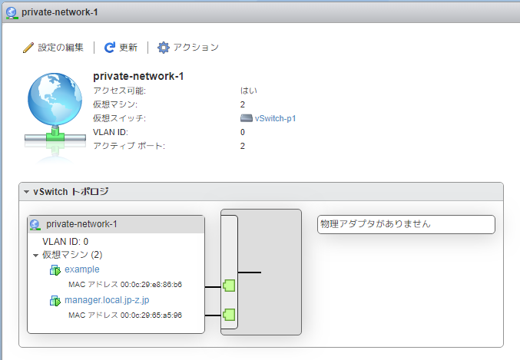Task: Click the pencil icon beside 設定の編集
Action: click(x=28, y=48)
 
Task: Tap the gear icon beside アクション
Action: click(x=164, y=48)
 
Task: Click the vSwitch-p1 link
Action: click(x=275, y=118)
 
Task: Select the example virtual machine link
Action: click(x=82, y=269)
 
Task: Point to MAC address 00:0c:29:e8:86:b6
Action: click(x=125, y=284)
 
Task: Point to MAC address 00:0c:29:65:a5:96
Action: click(x=125, y=315)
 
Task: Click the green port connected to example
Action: click(x=228, y=286)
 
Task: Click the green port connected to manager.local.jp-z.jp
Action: click(x=228, y=313)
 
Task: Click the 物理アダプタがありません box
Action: click(x=406, y=224)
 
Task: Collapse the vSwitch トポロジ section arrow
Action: click(x=26, y=191)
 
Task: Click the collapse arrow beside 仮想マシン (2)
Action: click(x=35, y=254)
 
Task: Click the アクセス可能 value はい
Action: click(x=248, y=91)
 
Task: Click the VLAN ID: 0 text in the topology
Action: click(x=65, y=241)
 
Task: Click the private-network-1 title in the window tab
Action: click(x=60, y=13)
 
